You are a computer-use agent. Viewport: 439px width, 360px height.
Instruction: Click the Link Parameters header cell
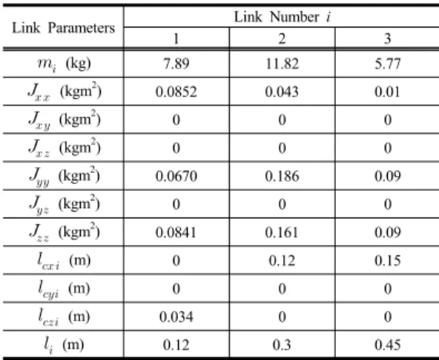pos(63,28)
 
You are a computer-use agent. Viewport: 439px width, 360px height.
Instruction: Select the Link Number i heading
pos(283,17)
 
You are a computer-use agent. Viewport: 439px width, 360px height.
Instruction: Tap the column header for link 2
pos(282,39)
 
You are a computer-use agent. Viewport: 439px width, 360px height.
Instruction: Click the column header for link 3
pos(388,39)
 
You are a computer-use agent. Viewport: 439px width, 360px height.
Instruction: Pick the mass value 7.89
pos(176,64)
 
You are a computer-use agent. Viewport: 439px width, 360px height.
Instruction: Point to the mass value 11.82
pos(282,64)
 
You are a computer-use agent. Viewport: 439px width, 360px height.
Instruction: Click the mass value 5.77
pos(388,64)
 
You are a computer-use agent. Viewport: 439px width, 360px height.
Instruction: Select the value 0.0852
pos(176,92)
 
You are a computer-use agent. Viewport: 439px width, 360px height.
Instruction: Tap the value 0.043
pos(282,92)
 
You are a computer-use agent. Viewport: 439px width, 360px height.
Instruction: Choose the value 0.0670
pos(176,176)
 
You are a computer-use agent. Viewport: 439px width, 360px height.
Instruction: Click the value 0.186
pos(282,176)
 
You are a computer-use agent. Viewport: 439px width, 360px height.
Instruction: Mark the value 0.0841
pos(176,232)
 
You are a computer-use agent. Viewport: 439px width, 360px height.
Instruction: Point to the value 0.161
pos(282,232)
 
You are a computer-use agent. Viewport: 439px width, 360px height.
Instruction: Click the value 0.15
pos(388,261)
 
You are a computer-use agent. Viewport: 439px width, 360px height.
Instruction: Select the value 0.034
pos(176,317)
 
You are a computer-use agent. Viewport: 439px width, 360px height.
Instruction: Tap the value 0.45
pos(388,345)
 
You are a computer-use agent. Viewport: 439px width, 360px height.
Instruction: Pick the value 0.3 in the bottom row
pos(282,345)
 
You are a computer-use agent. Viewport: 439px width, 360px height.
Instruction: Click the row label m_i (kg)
pos(64,64)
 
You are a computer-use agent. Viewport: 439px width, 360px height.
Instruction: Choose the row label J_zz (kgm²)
pos(65,232)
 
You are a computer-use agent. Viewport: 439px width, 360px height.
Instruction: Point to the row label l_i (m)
pos(64,345)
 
